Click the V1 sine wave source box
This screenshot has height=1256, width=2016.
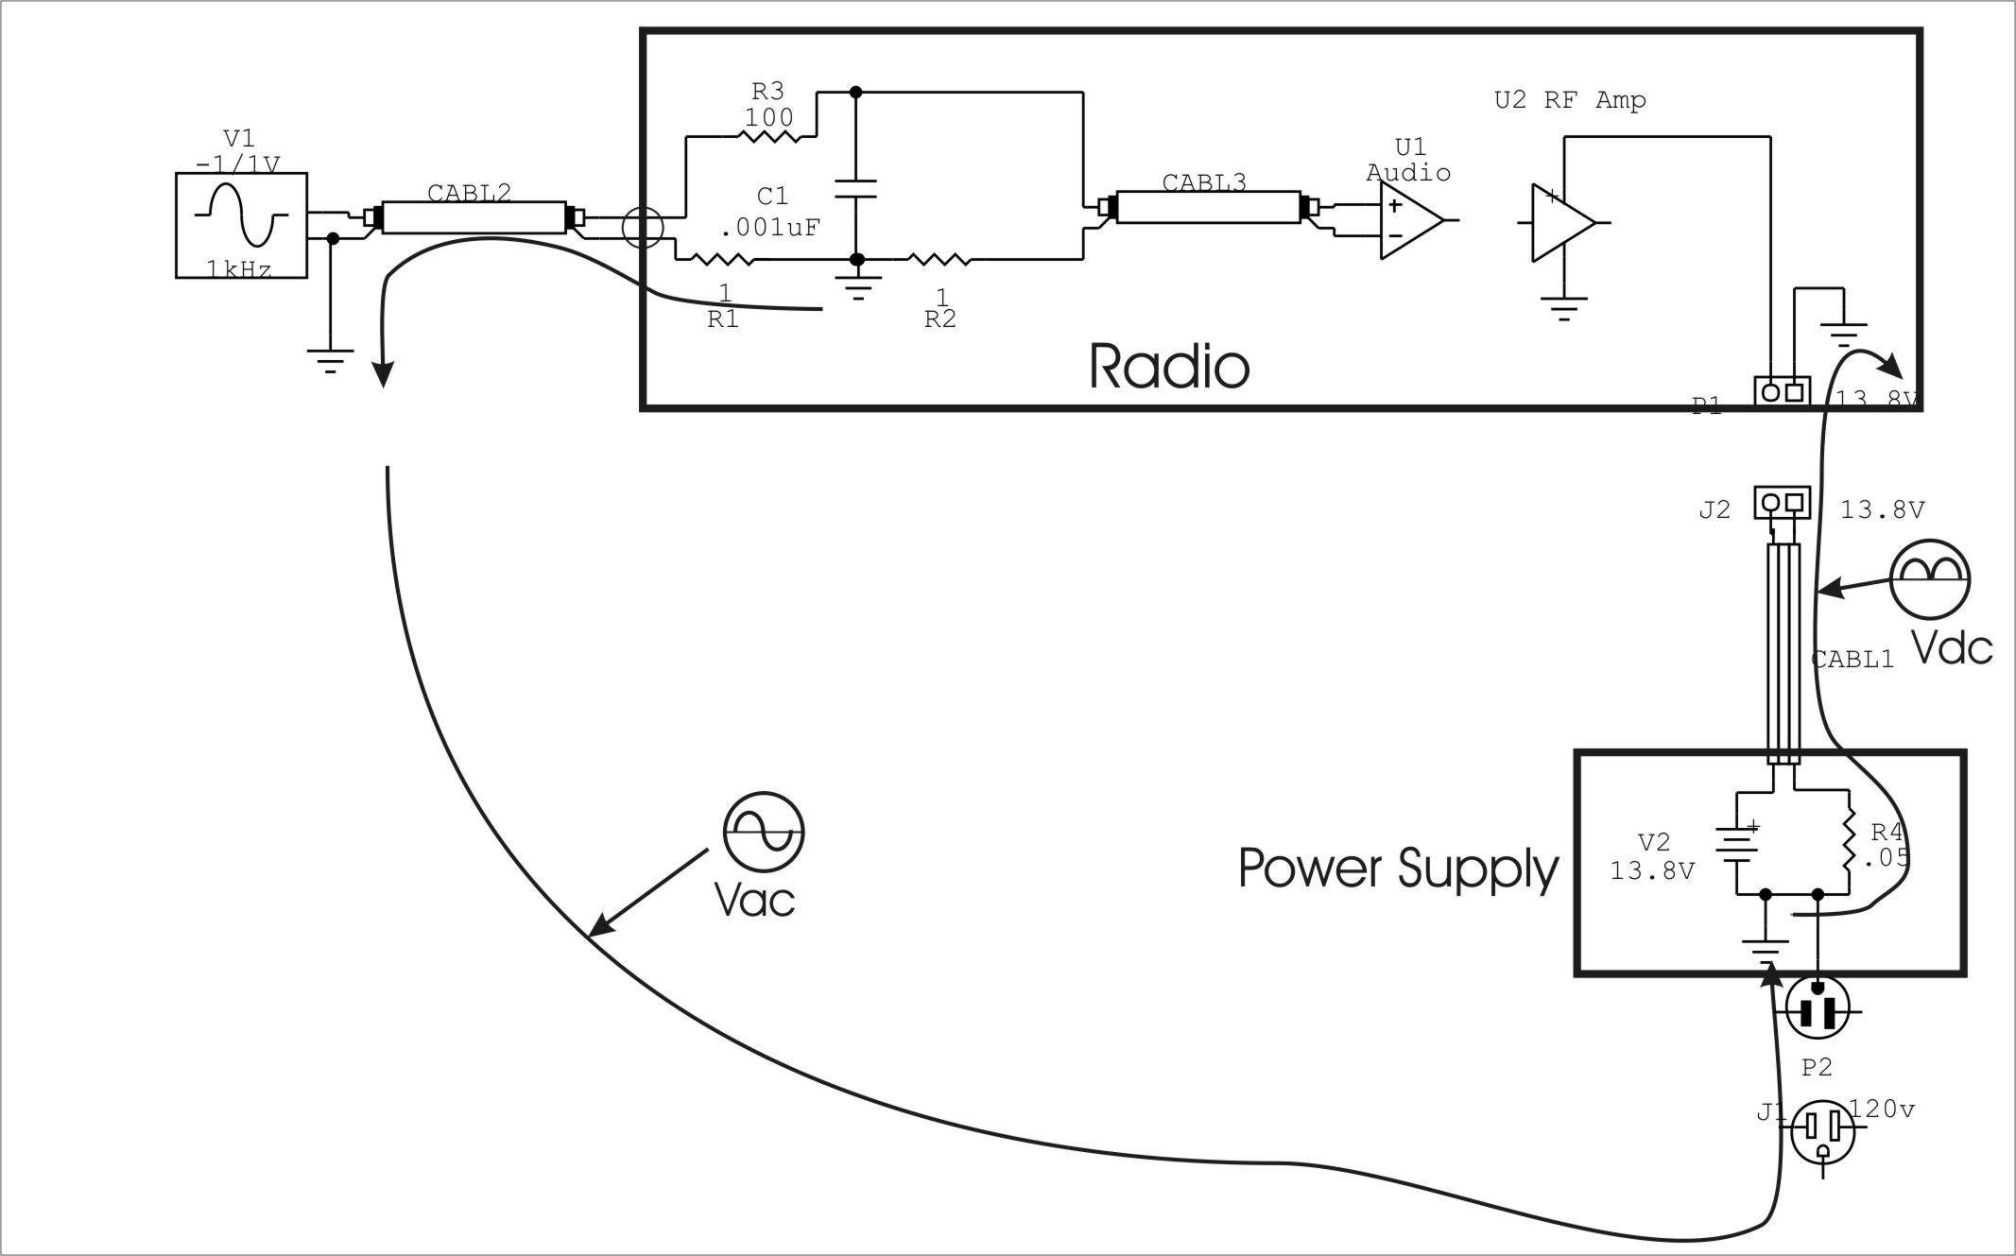pos(242,226)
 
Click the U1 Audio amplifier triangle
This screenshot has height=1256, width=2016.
pos(1410,220)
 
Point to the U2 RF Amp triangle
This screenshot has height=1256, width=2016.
pos(1562,223)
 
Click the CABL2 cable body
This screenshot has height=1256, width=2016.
pos(473,217)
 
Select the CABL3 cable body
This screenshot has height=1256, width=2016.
pos(1209,207)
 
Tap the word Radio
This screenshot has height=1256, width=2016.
pos(1168,367)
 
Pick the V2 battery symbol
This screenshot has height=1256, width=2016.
pos(1737,842)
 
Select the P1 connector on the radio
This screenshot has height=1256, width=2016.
pos(1782,391)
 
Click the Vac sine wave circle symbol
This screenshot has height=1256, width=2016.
pos(764,832)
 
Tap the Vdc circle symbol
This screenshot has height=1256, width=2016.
pos(1930,579)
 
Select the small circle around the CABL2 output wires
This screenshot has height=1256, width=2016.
pos(643,228)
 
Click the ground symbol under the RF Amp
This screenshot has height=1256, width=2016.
pos(1564,308)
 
